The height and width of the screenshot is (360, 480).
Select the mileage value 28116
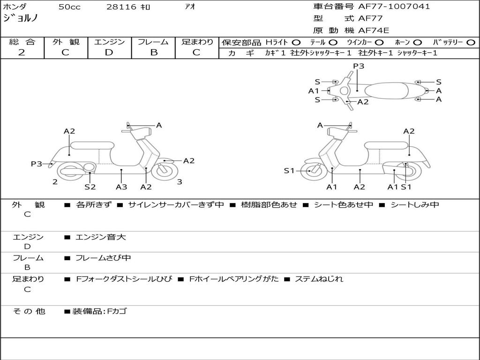click(x=121, y=7)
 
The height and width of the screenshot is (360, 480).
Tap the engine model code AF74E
click(x=374, y=30)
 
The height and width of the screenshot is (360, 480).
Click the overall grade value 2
click(x=22, y=52)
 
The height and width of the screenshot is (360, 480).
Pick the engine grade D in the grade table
click(x=109, y=52)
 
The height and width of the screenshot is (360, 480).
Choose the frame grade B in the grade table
click(x=153, y=52)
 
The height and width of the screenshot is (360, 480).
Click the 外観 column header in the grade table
click(x=66, y=42)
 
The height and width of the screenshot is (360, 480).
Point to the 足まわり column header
click(x=197, y=42)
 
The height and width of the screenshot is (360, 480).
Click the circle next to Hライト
click(x=296, y=43)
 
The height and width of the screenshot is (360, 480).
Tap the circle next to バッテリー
click(x=471, y=43)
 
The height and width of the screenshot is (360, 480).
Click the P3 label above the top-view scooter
click(x=359, y=66)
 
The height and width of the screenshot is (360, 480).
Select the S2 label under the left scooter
click(x=90, y=187)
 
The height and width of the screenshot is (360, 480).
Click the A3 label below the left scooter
click(x=121, y=187)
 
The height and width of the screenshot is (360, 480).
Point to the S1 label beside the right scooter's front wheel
click(x=289, y=171)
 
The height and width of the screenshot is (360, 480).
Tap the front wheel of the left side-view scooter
click(x=162, y=171)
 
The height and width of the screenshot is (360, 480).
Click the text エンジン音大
click(x=101, y=237)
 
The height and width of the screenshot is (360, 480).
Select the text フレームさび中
click(x=103, y=258)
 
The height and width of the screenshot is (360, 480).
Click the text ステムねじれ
click(x=319, y=279)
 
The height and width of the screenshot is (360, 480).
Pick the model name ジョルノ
click(x=21, y=19)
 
